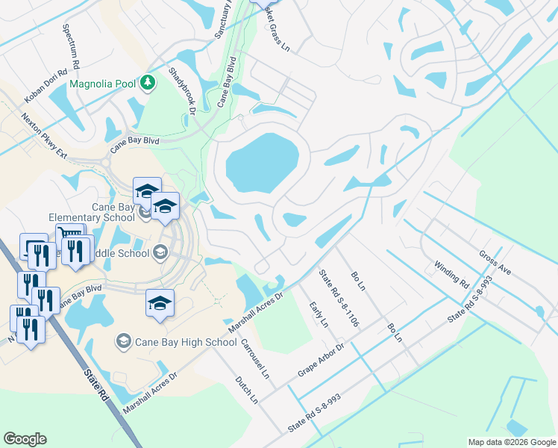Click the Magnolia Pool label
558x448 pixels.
click(x=103, y=84)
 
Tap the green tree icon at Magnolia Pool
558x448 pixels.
click(x=148, y=83)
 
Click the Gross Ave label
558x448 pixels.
click(x=495, y=262)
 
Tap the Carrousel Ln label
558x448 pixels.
click(x=254, y=358)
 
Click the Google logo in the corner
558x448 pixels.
click(x=25, y=439)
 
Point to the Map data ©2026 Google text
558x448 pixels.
click(x=511, y=442)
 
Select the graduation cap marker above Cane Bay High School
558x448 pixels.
click(x=160, y=302)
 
